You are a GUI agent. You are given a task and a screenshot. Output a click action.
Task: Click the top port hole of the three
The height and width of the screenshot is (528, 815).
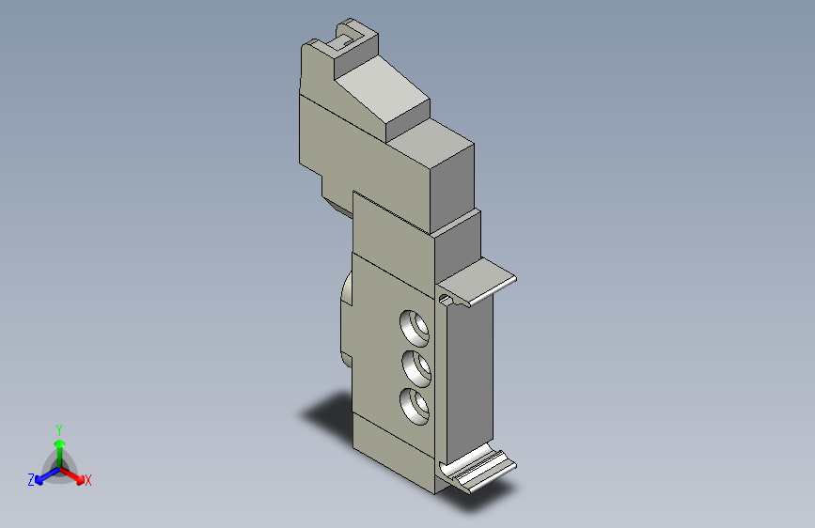pos(415,329)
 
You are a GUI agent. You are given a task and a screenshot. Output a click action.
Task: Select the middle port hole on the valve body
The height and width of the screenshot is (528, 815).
pos(416,368)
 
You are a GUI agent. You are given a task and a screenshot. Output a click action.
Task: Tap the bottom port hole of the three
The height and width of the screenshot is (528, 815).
pos(415,407)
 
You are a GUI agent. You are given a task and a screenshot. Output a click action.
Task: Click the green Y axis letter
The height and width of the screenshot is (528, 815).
pos(59,430)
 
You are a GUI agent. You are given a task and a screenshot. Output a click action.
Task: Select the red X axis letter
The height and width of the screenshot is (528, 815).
pos(87,481)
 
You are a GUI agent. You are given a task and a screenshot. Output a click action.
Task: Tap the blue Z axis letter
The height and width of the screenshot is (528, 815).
pos(31,480)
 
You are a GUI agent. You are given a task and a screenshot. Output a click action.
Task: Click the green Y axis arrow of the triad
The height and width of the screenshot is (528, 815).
pos(60,454)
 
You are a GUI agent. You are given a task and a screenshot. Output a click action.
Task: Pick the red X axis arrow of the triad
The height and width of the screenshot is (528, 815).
pos(71,475)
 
